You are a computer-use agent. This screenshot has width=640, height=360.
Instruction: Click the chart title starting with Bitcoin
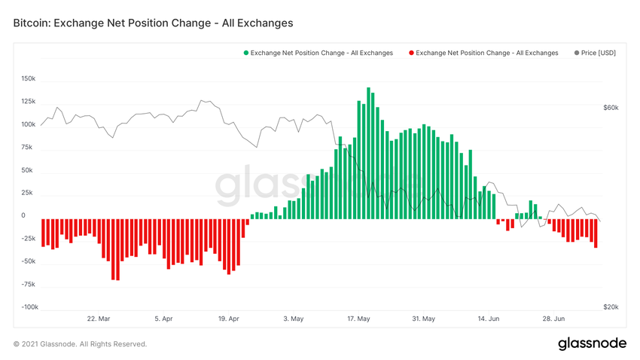tap(153, 23)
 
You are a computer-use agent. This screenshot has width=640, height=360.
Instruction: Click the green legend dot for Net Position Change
tap(245, 53)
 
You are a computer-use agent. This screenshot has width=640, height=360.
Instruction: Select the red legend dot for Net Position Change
tap(411, 53)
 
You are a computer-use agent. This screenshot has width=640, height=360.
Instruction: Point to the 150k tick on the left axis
tap(29, 78)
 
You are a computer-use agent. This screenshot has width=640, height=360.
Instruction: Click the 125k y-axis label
tap(29, 101)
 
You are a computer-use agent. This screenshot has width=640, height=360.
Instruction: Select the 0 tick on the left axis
tap(23, 215)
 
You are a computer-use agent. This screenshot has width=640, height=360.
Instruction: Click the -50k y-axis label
tap(29, 261)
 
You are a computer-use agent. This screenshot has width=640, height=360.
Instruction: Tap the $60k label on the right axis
tap(611, 108)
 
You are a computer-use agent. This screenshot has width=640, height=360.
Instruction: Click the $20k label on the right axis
tap(611, 307)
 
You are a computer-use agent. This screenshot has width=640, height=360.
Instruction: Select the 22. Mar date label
tap(99, 319)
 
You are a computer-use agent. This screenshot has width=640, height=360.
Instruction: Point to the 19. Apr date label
tap(229, 319)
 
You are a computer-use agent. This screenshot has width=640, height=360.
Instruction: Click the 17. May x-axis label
tap(358, 319)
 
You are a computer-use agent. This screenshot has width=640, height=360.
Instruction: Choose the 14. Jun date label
tap(489, 319)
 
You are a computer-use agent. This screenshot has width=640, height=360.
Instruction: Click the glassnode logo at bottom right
tap(592, 343)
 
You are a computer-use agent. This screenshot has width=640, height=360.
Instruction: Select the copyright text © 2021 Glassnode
tap(80, 344)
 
